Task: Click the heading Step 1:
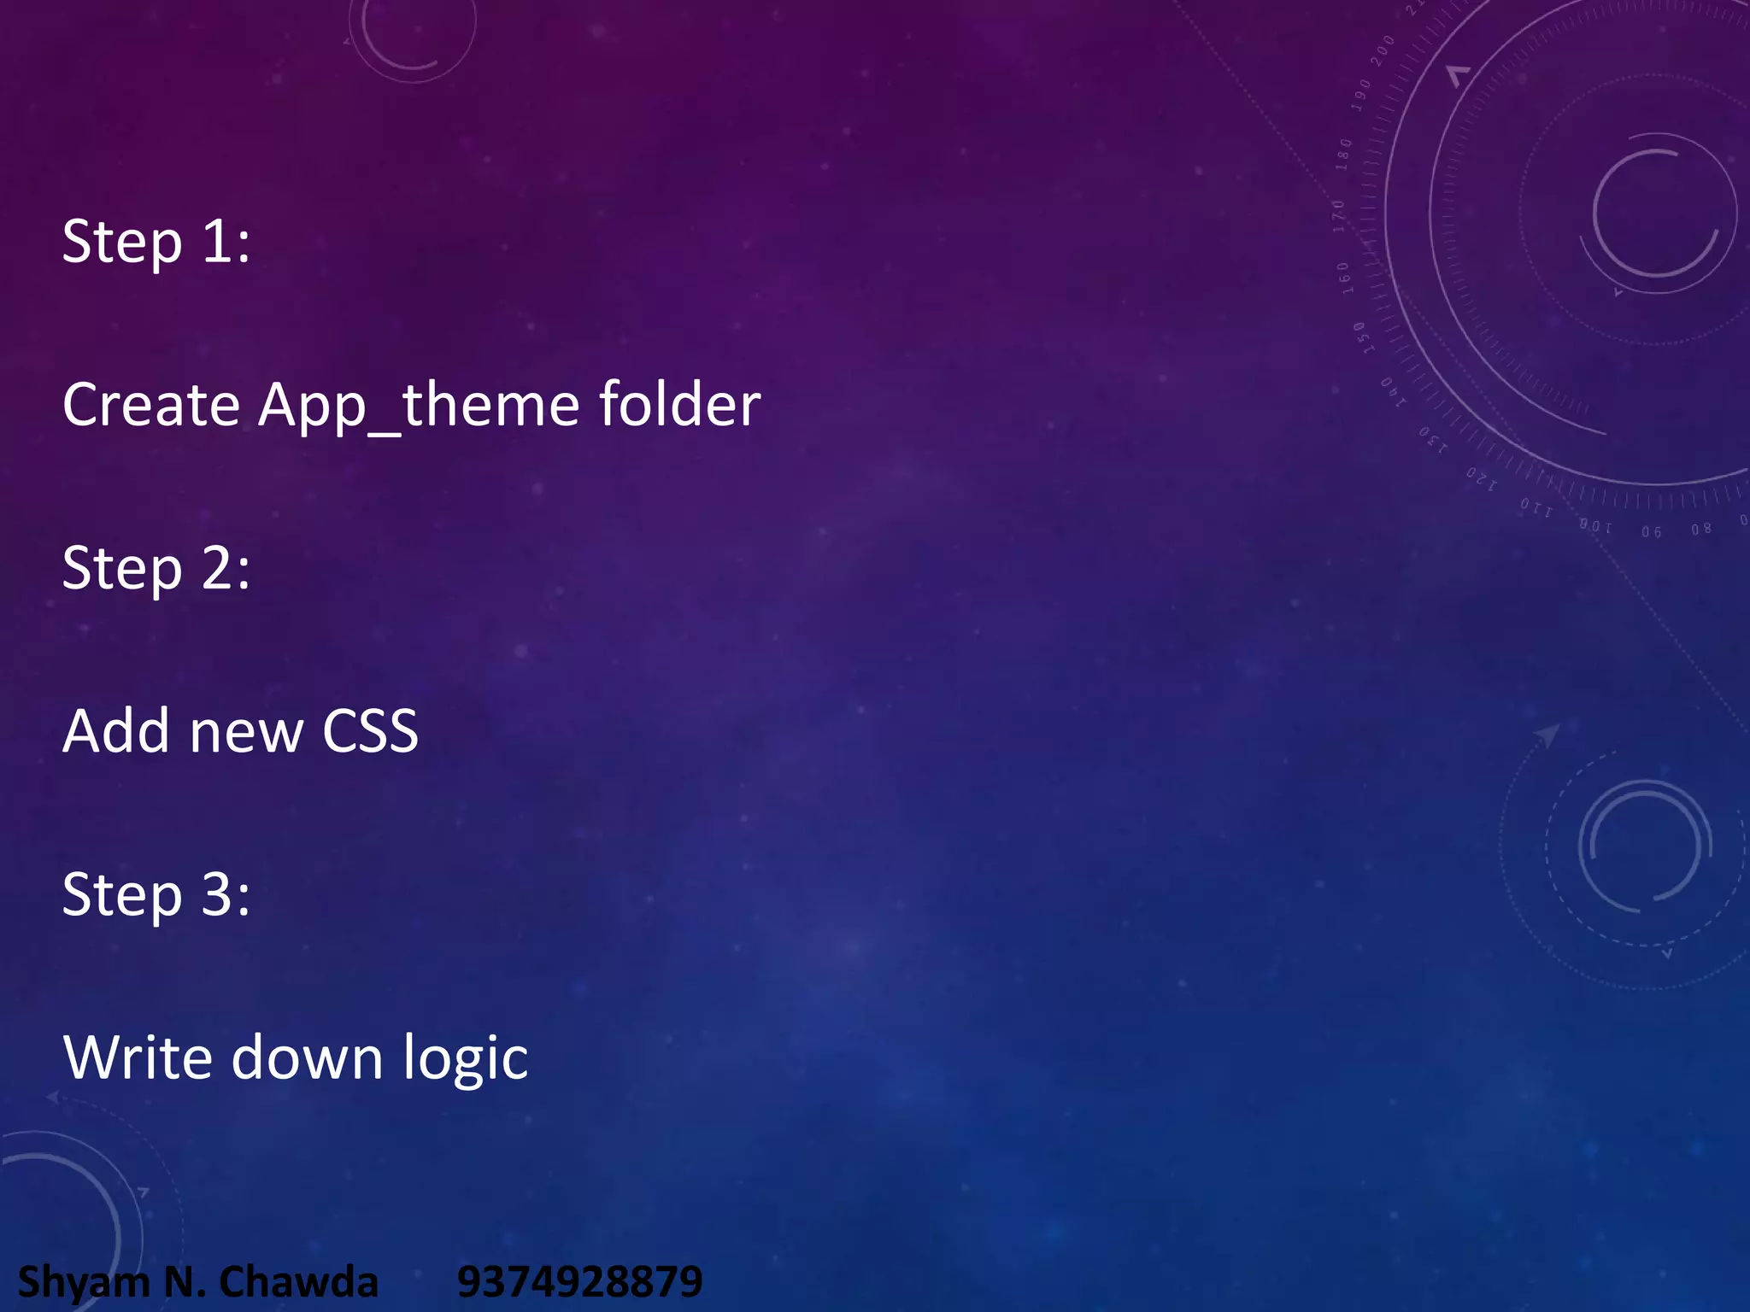point(156,242)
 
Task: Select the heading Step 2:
point(156,569)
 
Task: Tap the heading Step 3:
point(156,895)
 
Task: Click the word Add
point(116,731)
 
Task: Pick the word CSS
point(370,732)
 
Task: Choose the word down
point(307,1058)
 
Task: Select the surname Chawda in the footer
point(298,1282)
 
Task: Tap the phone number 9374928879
point(579,1282)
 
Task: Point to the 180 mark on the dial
point(1344,155)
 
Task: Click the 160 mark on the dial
point(1344,278)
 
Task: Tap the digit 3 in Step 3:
point(217,895)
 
